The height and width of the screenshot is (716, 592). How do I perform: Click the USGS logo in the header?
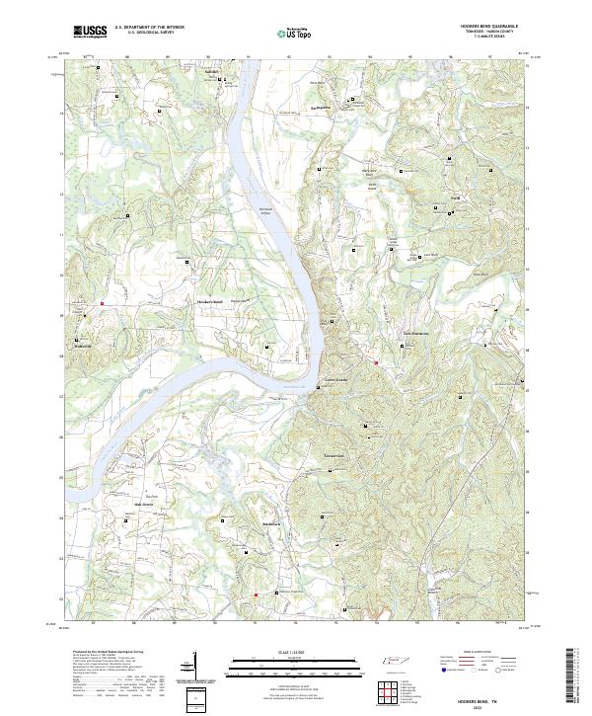tap(90, 31)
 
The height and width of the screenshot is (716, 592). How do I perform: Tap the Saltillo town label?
tap(209, 72)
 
